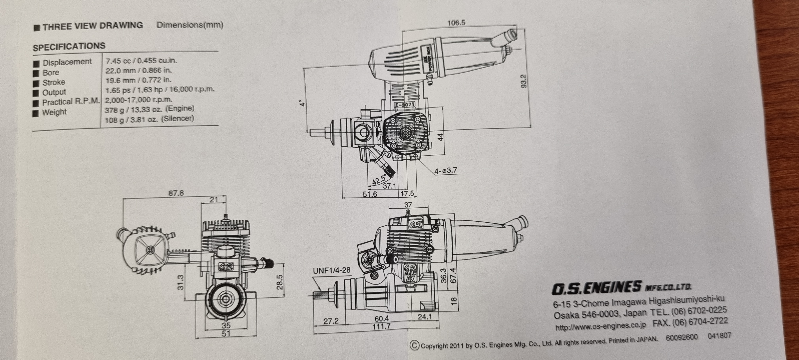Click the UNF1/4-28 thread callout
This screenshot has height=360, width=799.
pos(331,271)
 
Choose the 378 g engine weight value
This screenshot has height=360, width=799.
pos(149,109)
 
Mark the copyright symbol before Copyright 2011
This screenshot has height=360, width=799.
pos(414,345)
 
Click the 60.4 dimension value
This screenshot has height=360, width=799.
pos(381,319)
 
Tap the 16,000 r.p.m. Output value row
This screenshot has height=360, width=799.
pos(160,90)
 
